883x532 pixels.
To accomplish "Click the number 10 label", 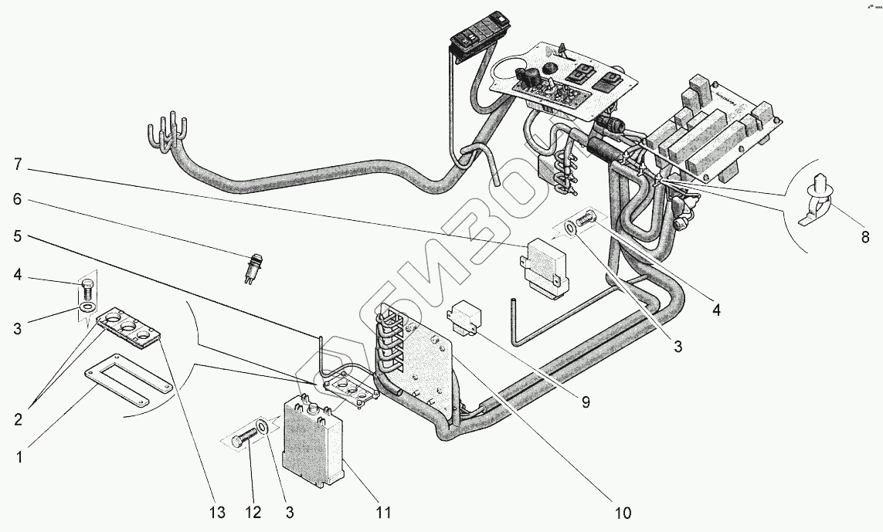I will pos(623,513).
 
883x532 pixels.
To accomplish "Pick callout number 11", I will pos(384,512).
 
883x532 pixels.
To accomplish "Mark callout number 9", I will pos(586,402).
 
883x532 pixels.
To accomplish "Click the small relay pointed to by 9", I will pos(465,319).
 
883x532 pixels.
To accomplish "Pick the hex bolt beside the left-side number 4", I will pos(87,292).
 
